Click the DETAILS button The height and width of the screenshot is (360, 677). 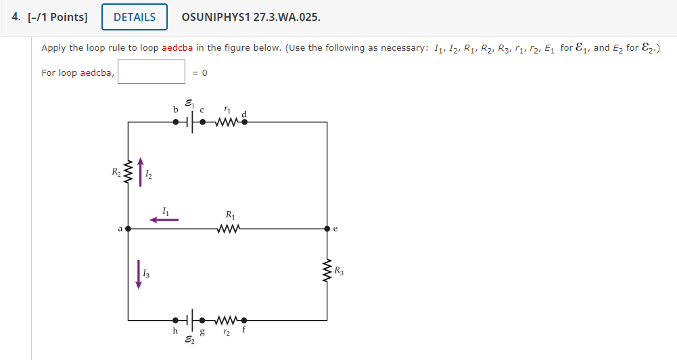point(134,18)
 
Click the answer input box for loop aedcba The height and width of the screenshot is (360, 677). point(151,72)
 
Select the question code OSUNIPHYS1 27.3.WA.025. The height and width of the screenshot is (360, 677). point(251,18)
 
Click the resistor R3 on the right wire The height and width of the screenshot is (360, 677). point(327,271)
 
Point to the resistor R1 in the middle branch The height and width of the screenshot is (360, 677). point(227,229)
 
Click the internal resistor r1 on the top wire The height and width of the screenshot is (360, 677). point(227,122)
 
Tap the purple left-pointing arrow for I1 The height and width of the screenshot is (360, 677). point(164,219)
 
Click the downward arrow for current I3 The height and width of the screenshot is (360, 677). point(139,274)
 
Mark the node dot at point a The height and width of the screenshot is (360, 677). point(128,229)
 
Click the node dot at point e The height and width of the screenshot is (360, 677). point(327,229)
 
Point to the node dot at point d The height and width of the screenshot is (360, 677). point(244,122)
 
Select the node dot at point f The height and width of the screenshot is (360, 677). point(244,320)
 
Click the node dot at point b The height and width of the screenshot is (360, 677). point(175,122)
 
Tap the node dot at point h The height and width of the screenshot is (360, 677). point(175,320)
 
